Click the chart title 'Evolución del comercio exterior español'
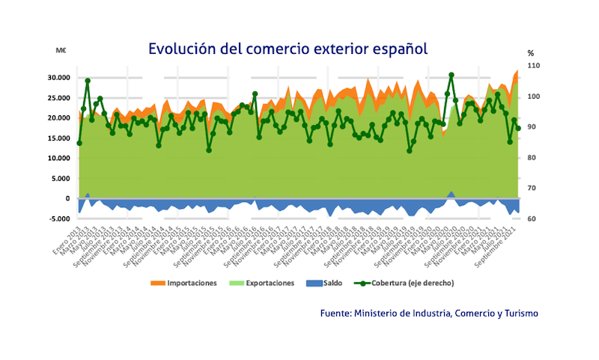point(288,49)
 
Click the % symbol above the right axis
point(530,53)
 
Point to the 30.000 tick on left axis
point(58,78)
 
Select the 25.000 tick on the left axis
point(58,98)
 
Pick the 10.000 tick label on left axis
point(58,159)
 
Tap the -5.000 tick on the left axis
point(58,219)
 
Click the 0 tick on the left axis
point(68,199)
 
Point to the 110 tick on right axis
point(533,66)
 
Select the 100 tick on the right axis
point(533,97)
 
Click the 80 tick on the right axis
point(531,158)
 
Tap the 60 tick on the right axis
point(531,219)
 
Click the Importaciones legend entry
point(184,283)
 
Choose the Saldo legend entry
point(330,283)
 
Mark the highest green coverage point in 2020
point(451,75)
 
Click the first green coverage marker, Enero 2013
point(79,143)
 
